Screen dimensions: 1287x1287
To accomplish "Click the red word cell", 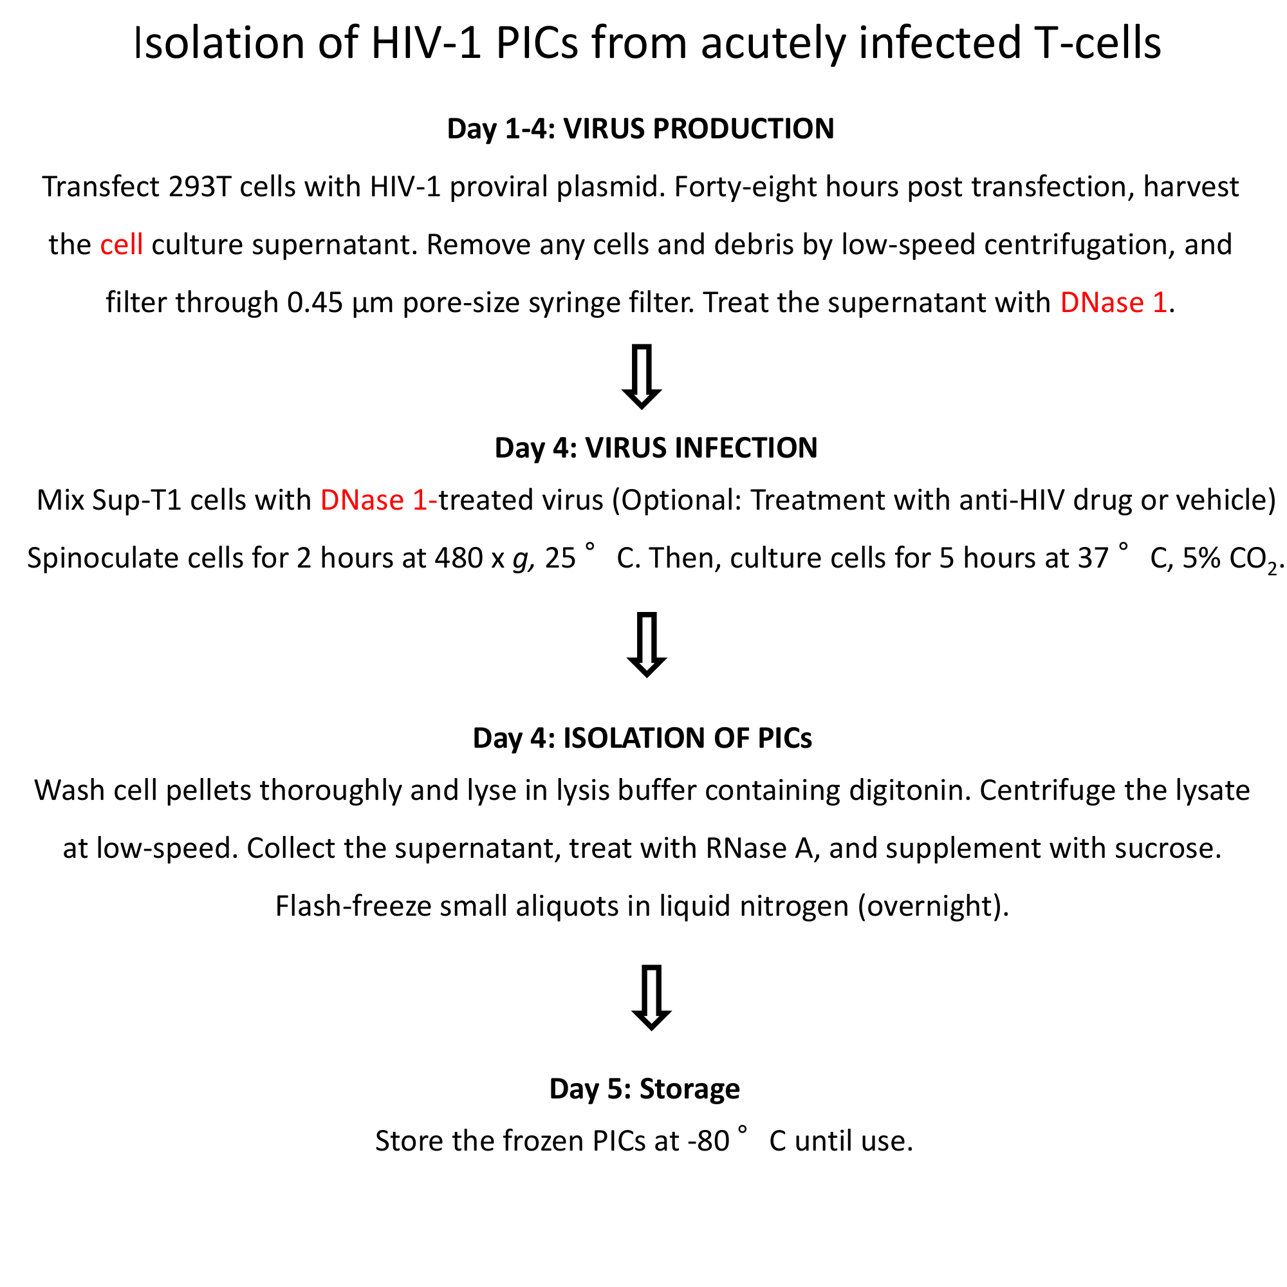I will coord(121,245).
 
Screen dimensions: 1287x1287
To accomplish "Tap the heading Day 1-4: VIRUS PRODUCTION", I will coord(640,129).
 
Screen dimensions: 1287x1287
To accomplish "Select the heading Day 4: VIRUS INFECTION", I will coord(656,448).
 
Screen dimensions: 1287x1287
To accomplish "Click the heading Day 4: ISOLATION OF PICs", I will coord(642,738).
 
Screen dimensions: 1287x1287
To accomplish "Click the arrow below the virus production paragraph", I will coord(641,376).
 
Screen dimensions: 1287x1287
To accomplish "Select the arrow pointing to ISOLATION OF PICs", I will coord(646,644).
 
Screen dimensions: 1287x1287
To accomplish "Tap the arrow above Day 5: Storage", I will coord(651,997).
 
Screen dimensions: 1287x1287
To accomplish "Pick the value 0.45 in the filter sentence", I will coord(315,303).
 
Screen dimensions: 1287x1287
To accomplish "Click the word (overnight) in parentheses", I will coord(932,907).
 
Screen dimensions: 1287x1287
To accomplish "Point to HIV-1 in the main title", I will coord(425,43).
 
